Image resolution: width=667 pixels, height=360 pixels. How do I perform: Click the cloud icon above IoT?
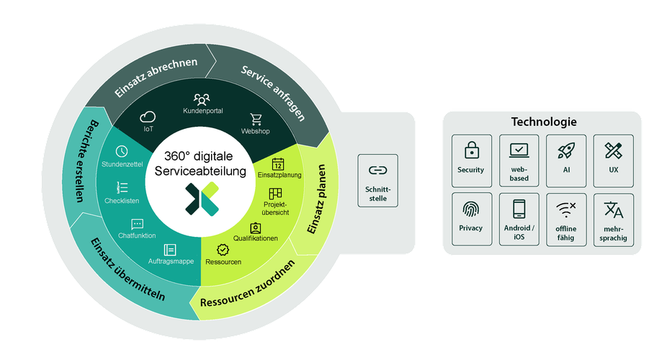(x=148, y=117)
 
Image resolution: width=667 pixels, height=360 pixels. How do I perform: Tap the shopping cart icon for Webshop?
(x=256, y=120)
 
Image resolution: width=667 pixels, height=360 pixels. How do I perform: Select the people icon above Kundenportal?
(x=202, y=99)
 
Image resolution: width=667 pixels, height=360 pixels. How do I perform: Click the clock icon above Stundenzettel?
(x=122, y=151)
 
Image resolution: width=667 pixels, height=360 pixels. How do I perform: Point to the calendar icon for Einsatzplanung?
(x=278, y=164)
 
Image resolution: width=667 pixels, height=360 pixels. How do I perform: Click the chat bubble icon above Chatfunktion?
(x=138, y=224)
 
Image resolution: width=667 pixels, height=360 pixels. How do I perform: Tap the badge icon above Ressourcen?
(x=223, y=250)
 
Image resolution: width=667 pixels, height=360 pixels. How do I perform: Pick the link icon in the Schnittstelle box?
(x=377, y=171)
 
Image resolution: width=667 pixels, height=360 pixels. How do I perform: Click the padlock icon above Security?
(x=471, y=150)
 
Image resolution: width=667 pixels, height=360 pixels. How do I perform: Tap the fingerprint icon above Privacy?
(x=471, y=209)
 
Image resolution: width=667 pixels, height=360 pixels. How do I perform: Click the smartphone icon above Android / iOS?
(x=519, y=209)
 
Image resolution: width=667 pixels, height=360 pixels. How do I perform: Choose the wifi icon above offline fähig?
(x=566, y=210)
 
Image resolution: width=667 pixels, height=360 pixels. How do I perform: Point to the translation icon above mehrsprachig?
(x=614, y=210)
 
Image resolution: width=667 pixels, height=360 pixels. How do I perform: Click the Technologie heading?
(x=544, y=122)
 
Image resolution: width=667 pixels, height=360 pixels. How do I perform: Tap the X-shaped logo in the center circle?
(x=202, y=199)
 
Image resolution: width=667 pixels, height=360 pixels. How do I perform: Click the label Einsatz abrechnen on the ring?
(x=156, y=77)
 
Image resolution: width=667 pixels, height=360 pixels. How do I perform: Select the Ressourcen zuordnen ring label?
(x=248, y=285)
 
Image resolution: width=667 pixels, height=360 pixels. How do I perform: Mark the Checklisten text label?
(x=122, y=201)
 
